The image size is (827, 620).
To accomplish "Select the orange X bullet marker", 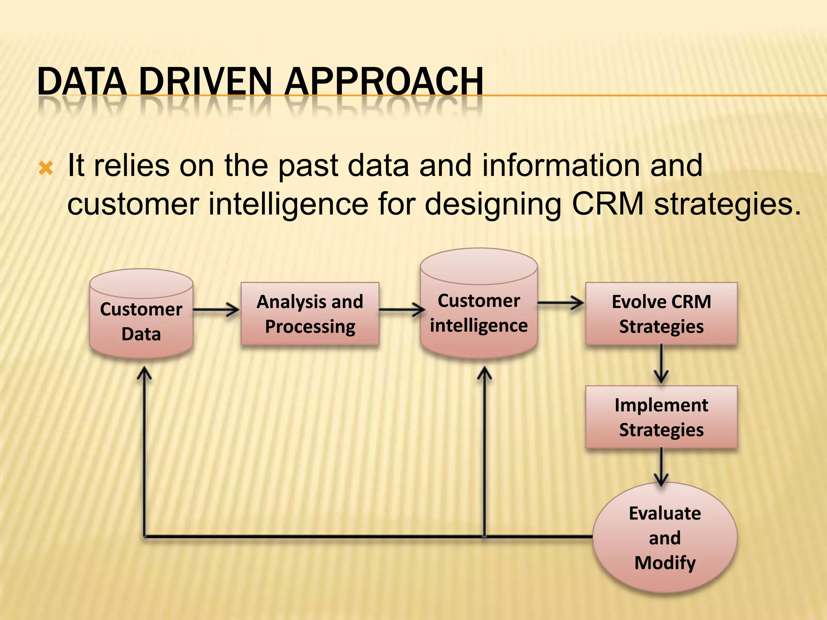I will (x=46, y=168).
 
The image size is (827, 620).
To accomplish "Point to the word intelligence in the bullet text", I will (x=288, y=204).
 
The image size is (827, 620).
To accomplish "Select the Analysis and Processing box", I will (x=310, y=314).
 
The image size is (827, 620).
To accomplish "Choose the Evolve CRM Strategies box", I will (x=661, y=314).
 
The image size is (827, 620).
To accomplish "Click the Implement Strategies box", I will (x=661, y=417).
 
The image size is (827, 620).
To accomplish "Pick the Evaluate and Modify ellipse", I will (x=665, y=538).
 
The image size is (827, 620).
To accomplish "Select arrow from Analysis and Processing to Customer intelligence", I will (x=401, y=310).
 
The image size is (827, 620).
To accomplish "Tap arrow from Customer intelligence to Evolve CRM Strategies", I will (x=561, y=302).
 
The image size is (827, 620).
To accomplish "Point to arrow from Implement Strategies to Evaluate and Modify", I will (x=661, y=466).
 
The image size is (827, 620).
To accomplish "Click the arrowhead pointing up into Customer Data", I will (x=144, y=374).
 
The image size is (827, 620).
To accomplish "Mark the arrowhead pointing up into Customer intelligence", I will (x=484, y=374).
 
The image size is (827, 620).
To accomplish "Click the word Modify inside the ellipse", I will (x=665, y=563).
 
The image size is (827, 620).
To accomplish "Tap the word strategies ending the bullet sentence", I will (x=727, y=204).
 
